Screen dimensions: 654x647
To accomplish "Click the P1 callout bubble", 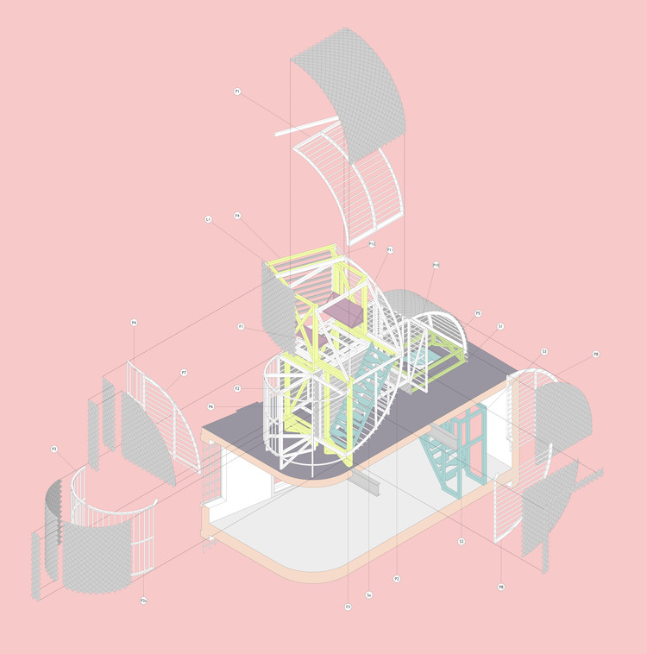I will (237, 91).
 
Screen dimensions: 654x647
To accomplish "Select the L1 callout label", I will (208, 220).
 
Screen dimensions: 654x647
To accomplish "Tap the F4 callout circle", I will (237, 216).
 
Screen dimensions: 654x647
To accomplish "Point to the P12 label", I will (372, 244).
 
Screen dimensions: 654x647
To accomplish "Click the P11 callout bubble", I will (390, 250).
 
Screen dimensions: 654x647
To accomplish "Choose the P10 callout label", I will (437, 265).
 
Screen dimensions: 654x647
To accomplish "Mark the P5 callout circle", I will (478, 313).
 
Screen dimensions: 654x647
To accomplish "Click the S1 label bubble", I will (500, 326).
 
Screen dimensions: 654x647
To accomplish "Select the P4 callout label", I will (135, 323).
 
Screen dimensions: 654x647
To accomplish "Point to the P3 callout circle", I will (54, 449).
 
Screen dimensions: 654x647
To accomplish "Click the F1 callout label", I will (242, 326).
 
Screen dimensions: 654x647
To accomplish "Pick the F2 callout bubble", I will (237, 388).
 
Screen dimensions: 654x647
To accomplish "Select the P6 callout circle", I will (210, 406).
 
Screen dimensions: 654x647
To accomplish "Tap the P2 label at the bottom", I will (397, 578).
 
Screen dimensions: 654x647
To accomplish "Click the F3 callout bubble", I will (348, 607).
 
